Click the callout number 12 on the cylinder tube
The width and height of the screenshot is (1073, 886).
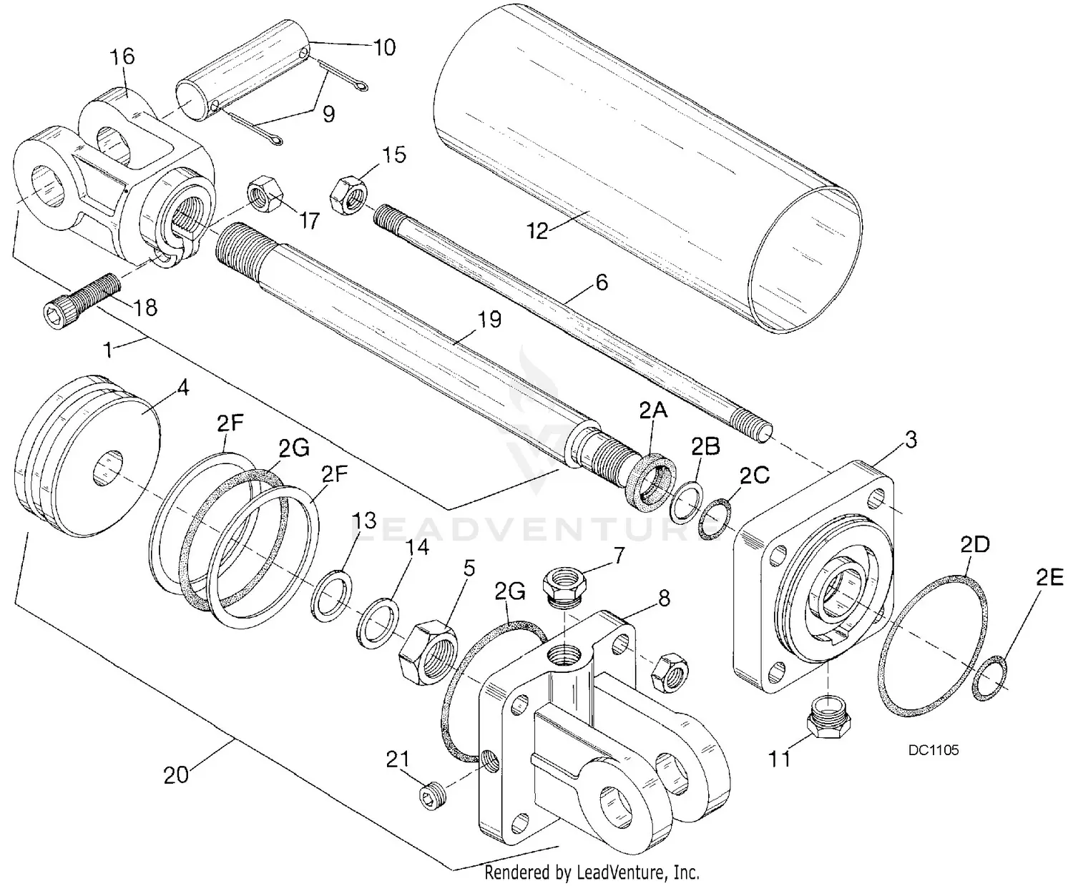(537, 231)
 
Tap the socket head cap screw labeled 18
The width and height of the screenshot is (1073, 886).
(78, 300)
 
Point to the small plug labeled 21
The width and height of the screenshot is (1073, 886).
(432, 797)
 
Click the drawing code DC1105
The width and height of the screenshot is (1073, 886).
(934, 750)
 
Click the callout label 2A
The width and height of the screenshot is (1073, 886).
(653, 410)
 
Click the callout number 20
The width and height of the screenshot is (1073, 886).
(176, 774)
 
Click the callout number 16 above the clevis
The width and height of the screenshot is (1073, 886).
(122, 56)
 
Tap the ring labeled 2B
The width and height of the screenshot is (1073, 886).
(685, 503)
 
